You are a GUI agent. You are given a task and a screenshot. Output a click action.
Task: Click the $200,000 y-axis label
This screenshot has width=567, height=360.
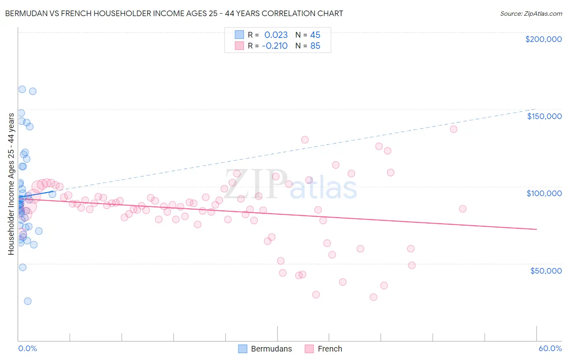[x=543, y=39]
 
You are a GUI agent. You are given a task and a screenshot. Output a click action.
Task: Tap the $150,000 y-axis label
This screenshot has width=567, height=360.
[x=544, y=116]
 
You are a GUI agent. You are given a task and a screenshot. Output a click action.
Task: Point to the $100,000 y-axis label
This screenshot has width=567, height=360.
[x=544, y=193]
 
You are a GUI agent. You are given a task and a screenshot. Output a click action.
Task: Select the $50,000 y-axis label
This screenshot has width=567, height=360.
[x=546, y=270]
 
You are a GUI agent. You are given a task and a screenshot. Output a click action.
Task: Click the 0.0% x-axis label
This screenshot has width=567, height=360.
[x=27, y=348]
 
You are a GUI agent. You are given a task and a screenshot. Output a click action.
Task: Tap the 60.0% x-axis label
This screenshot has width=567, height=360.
[x=550, y=348]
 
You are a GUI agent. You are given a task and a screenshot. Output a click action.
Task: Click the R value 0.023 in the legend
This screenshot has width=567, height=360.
[x=276, y=35]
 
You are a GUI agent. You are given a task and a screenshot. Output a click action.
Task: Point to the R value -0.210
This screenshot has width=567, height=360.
[x=275, y=46]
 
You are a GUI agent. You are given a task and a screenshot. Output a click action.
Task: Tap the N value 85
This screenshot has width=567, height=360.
[x=315, y=46]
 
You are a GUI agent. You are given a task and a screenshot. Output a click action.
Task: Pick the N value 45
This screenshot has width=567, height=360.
[x=315, y=35]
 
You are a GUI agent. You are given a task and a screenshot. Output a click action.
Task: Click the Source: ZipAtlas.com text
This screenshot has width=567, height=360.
[x=531, y=13]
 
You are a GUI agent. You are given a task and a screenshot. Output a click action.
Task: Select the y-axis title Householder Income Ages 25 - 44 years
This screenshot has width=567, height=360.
[x=11, y=184]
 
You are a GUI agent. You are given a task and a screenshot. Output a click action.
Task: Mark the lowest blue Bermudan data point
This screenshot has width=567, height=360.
[x=27, y=301]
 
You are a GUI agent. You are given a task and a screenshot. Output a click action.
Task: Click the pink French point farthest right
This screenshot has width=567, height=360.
[x=463, y=209]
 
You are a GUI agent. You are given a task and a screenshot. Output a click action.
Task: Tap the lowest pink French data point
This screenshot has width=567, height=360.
[x=373, y=297]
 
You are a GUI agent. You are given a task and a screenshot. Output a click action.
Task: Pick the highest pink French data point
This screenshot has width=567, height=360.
[x=454, y=129]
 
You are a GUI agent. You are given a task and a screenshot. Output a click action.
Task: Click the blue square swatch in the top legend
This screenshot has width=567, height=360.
[x=240, y=35]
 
